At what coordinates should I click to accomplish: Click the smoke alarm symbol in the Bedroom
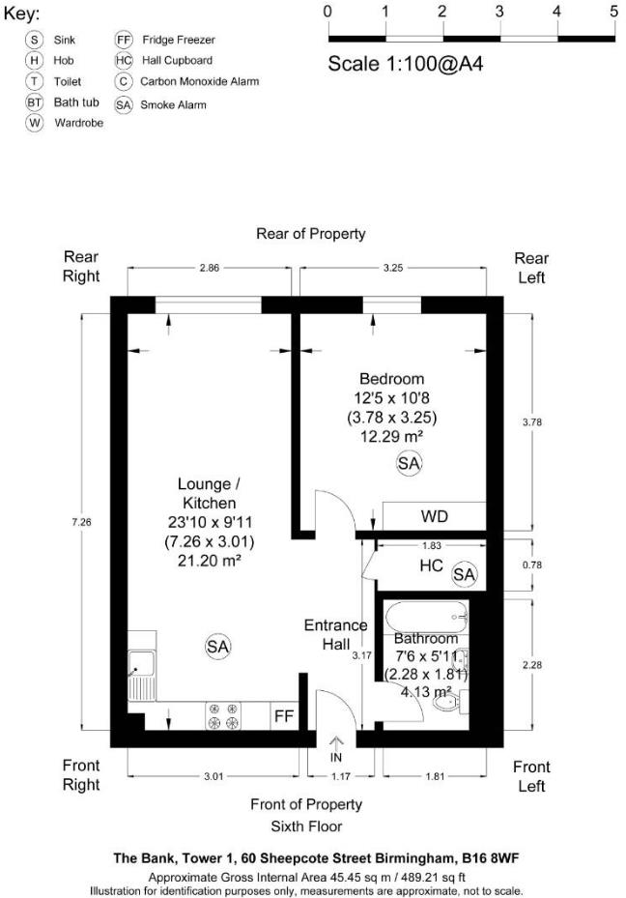(x=410, y=464)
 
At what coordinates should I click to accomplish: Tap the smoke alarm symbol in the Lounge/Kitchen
(x=217, y=646)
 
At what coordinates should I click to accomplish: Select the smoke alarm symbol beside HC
(x=465, y=574)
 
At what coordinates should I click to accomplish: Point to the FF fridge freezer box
(x=284, y=716)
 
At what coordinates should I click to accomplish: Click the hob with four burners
(x=224, y=716)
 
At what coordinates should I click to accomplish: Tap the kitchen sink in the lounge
(x=141, y=664)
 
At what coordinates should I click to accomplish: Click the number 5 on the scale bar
(x=613, y=12)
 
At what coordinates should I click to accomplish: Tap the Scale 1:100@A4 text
(x=405, y=65)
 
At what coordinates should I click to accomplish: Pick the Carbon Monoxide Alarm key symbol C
(x=123, y=82)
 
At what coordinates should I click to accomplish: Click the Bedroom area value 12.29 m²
(x=391, y=437)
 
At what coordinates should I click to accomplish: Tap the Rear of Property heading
(x=310, y=234)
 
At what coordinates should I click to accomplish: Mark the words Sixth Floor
(x=306, y=826)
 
